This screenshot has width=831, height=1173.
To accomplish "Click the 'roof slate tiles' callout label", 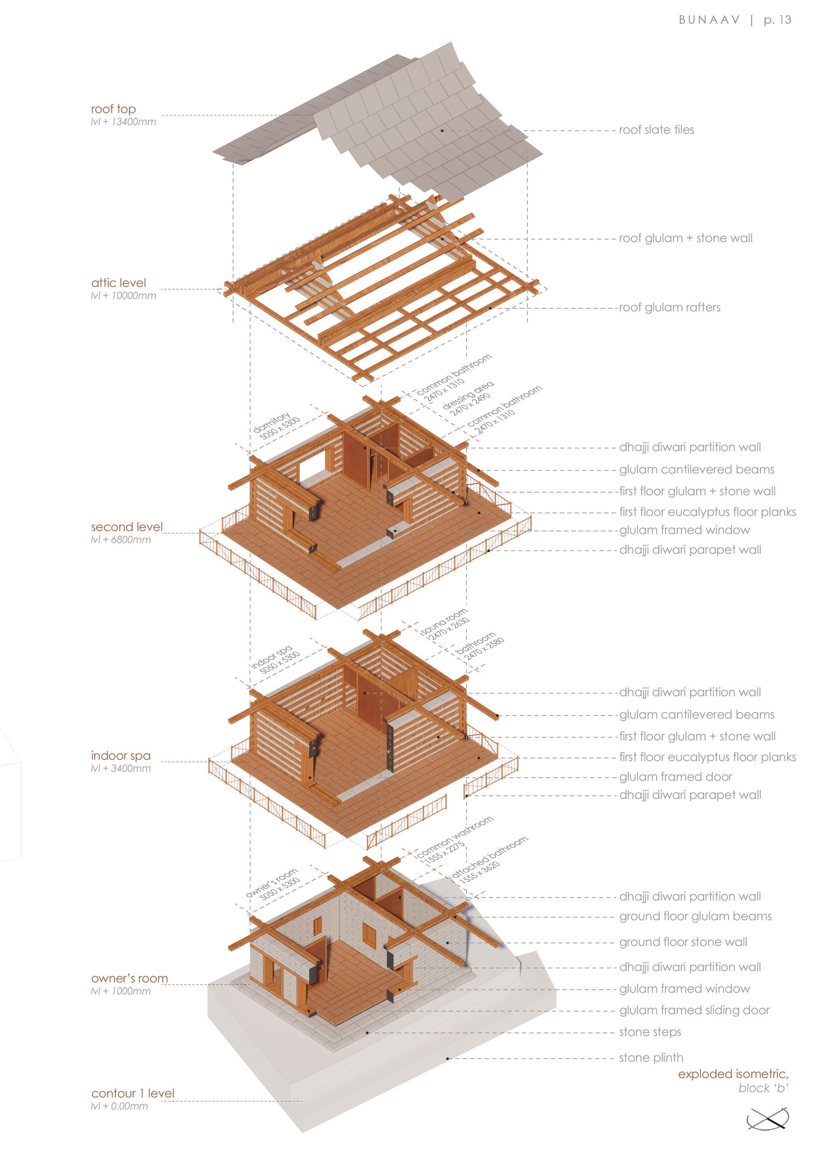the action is (656, 130).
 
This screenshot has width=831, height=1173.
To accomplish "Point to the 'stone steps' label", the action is (650, 1032).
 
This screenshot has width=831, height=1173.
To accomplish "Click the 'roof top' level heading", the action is (113, 109).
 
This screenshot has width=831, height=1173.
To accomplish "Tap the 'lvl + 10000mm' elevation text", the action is (123, 296).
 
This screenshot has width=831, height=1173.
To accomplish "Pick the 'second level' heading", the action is (126, 527).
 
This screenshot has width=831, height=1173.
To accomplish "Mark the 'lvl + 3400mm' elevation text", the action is (121, 768).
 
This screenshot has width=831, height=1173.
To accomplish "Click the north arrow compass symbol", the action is (767, 1119).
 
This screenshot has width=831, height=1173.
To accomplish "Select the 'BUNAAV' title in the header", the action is (709, 20).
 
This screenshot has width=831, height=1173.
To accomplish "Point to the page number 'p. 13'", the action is (777, 20).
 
